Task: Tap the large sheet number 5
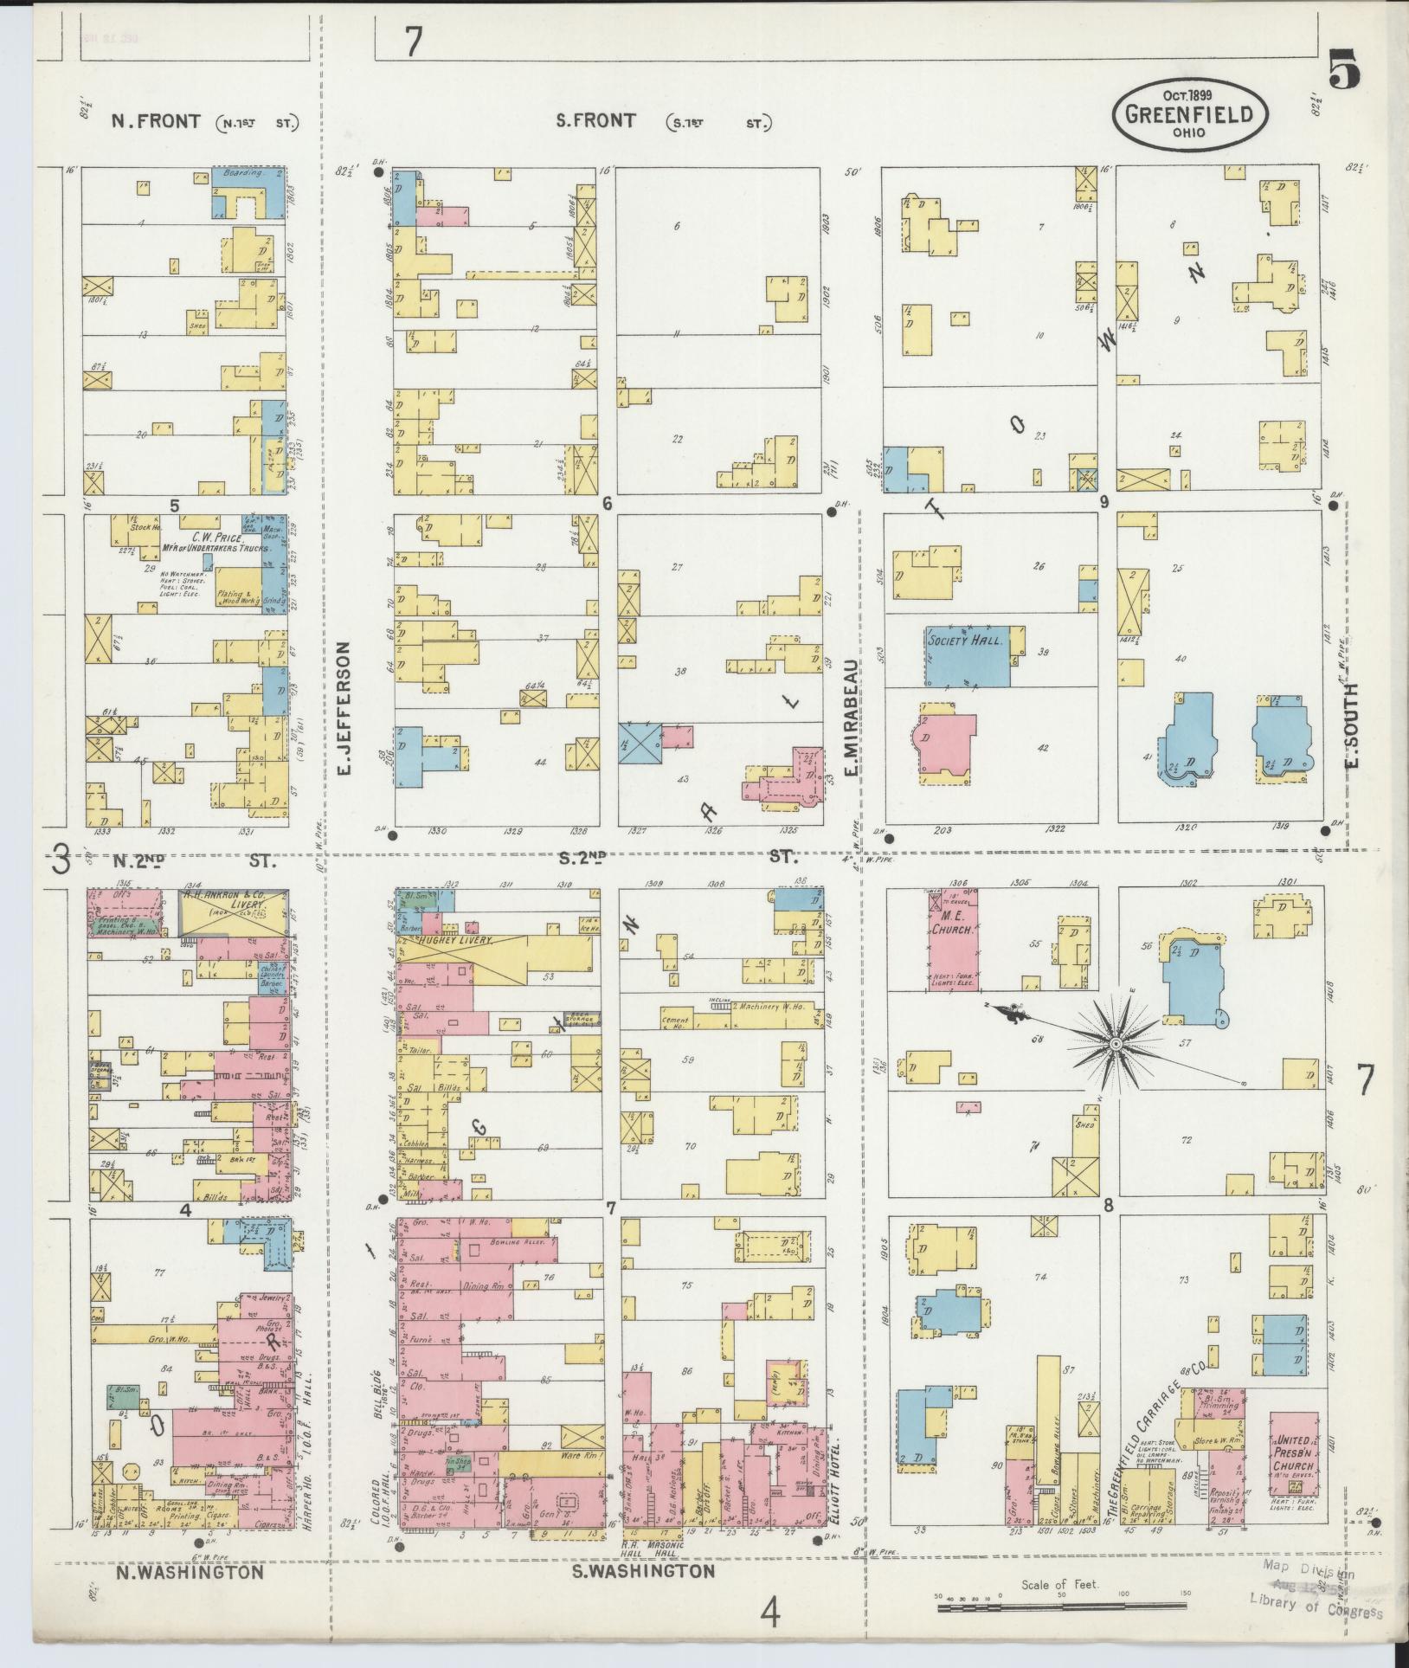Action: pyautogui.click(x=1343, y=69)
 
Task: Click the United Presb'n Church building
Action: pyautogui.click(x=1293, y=1455)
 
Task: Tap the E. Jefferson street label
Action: pyautogui.click(x=344, y=708)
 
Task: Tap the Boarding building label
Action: pyautogui.click(x=242, y=173)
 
